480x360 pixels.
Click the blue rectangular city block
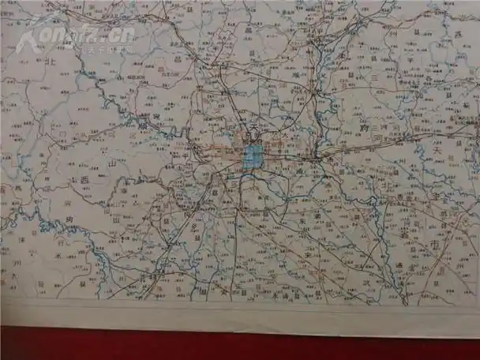251,156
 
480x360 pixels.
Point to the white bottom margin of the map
237,313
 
